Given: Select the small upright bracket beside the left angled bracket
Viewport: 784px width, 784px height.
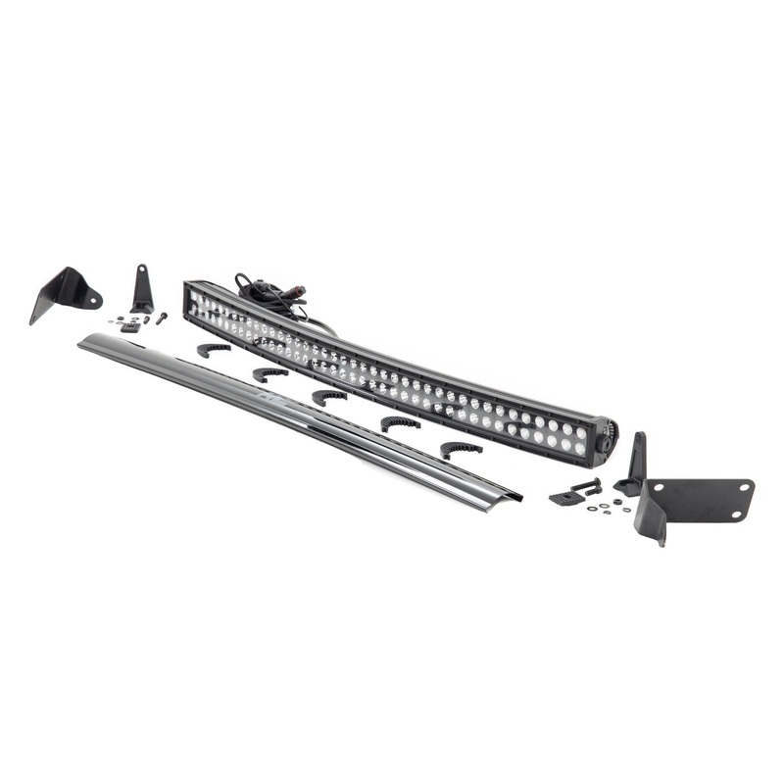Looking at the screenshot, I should [x=143, y=290].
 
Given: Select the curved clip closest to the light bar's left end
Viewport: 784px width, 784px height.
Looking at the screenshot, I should [x=213, y=349].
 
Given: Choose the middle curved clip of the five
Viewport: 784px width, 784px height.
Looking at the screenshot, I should [x=330, y=396].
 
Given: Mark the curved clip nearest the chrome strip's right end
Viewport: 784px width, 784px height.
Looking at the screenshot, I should [x=461, y=449].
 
